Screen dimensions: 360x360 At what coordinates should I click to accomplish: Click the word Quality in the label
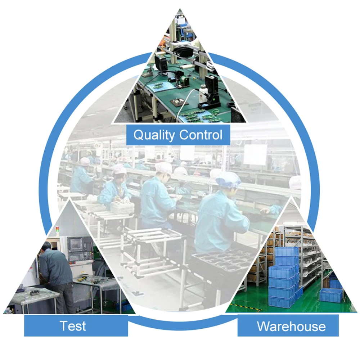(154, 135)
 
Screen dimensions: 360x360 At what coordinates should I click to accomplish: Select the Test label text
(73, 326)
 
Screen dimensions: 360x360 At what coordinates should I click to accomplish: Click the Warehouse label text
(291, 327)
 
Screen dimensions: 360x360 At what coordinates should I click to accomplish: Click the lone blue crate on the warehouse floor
(331, 295)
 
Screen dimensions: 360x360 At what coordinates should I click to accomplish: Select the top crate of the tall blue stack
(287, 252)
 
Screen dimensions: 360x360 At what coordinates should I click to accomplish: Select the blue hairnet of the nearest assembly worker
(228, 178)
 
